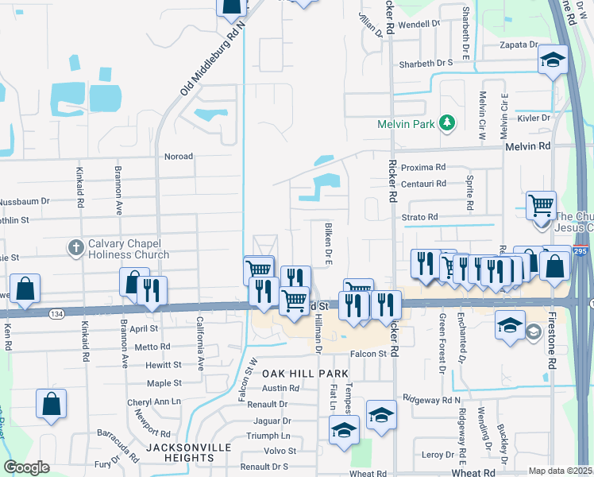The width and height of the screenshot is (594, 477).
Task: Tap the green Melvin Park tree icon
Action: click(x=448, y=122)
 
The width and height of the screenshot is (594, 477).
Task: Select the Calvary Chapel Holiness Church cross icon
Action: click(x=76, y=247)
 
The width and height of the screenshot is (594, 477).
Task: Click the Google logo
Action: click(x=26, y=467)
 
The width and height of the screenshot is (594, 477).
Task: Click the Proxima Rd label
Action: click(x=423, y=167)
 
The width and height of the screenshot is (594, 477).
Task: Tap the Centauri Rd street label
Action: click(x=423, y=183)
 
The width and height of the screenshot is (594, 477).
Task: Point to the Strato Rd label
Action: click(x=419, y=216)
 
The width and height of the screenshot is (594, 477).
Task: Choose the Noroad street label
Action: click(x=178, y=157)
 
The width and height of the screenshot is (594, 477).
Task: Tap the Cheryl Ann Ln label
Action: click(x=154, y=402)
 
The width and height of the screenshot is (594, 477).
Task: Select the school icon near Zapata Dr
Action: click(x=552, y=60)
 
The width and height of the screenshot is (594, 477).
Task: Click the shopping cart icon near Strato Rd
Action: click(x=541, y=204)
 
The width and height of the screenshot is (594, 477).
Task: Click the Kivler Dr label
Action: click(x=534, y=118)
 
